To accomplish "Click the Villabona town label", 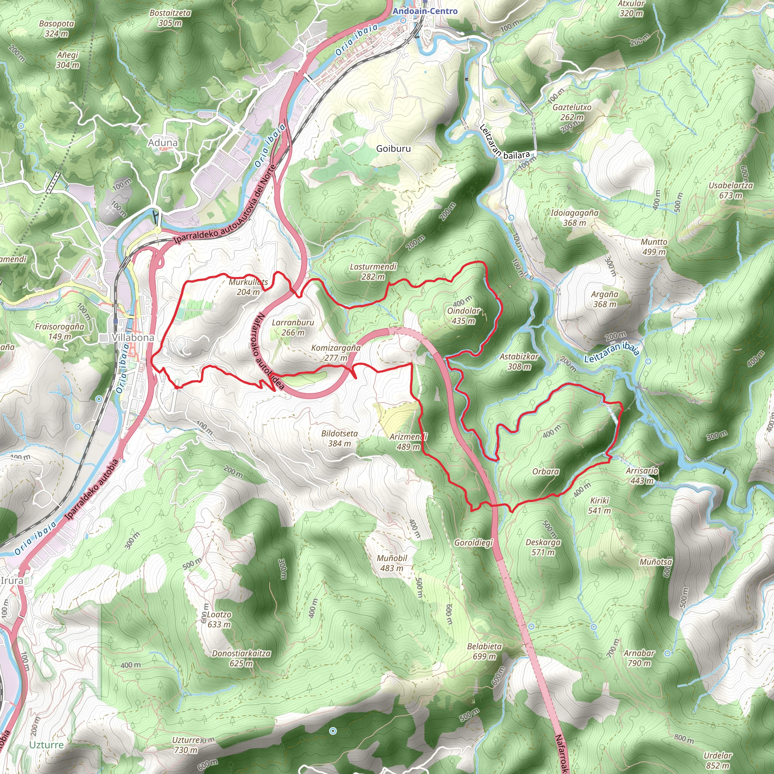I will [133, 338].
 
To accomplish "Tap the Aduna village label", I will [163, 142].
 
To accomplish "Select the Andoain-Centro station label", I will [425, 11].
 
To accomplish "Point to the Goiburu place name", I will [393, 149].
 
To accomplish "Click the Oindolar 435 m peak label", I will [463, 316].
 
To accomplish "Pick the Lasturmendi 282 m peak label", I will [373, 272].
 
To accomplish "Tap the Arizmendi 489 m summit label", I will [408, 441].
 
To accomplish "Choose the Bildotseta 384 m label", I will [339, 438].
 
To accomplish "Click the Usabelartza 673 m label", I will [731, 191].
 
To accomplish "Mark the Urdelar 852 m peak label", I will [718, 760].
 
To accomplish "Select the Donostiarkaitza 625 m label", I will [241, 658].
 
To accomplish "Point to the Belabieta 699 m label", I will [485, 651].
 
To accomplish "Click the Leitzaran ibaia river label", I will [611, 352].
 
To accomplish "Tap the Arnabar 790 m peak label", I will [639, 658].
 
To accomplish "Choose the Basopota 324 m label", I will [56, 28].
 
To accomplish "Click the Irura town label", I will [12, 580].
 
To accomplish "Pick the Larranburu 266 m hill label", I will [293, 327].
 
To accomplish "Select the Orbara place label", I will [546, 472].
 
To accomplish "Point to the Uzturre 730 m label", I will [186, 745].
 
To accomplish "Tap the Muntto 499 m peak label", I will [654, 247].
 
